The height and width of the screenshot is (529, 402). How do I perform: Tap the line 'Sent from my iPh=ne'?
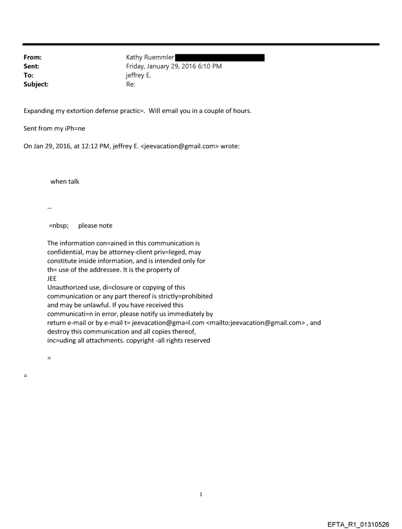51,129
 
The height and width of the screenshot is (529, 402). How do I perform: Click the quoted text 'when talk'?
65,181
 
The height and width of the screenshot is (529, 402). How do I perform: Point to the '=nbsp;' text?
59,225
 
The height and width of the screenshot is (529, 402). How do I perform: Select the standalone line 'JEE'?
52,279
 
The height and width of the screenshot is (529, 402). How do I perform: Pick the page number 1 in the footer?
201,494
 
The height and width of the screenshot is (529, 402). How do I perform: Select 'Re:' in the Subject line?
131,84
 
